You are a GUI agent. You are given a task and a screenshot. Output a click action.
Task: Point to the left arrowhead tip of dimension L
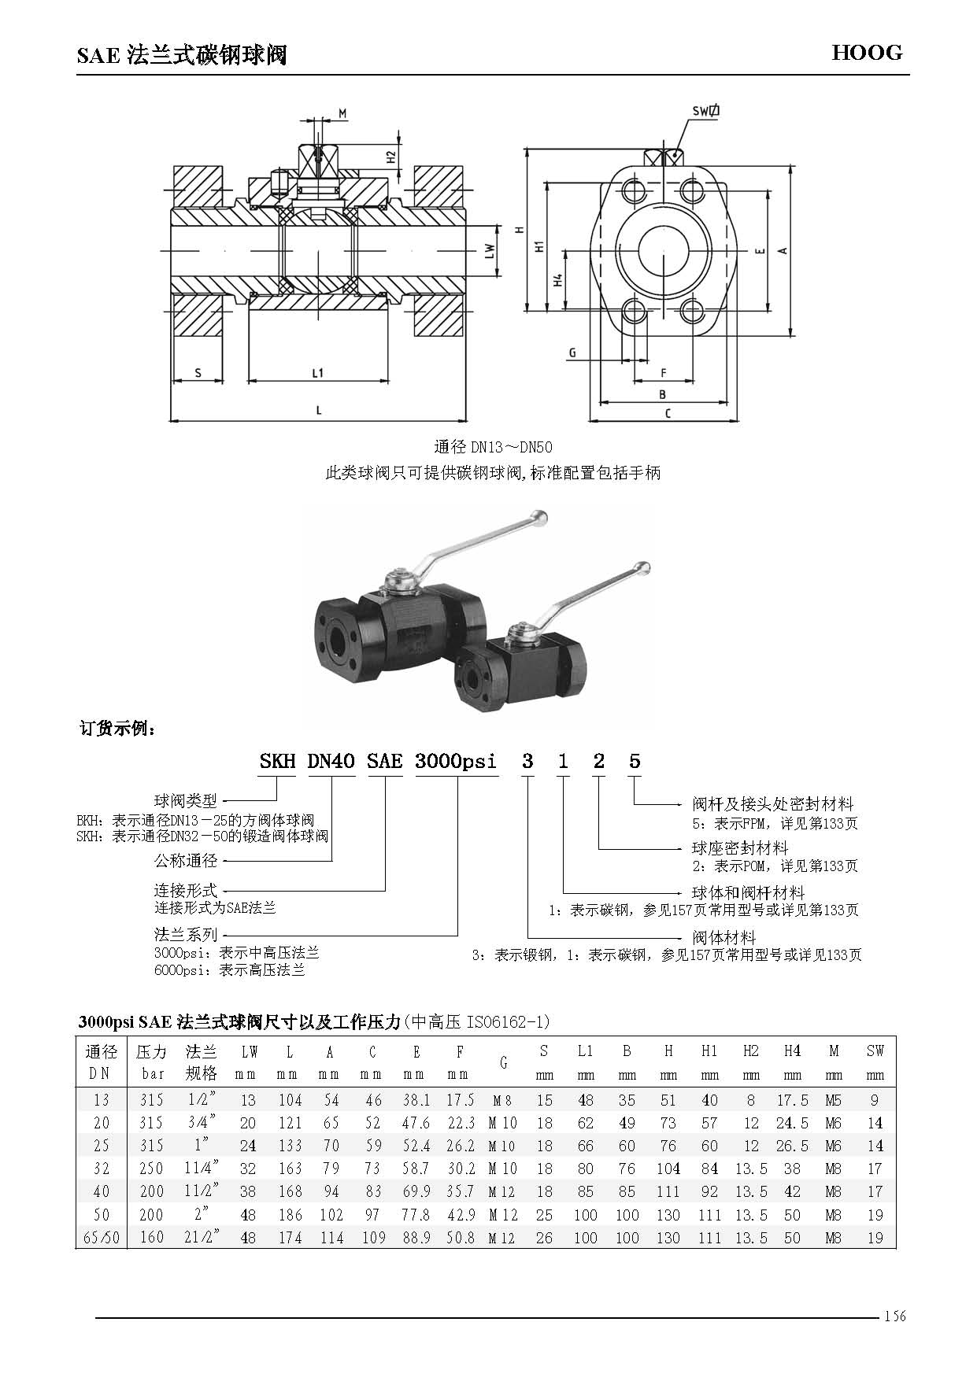coord(172,420)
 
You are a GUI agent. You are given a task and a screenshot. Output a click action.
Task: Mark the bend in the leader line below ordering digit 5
coord(635,805)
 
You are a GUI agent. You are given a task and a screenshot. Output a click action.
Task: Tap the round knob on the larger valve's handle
coord(539,517)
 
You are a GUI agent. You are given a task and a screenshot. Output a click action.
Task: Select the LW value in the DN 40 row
coord(249,1192)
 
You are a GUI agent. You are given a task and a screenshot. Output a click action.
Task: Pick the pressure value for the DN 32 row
coord(151,1169)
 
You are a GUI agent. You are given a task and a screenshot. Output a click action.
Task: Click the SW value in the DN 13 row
coord(875,1101)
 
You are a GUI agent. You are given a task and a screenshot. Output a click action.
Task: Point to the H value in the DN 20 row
coord(668,1124)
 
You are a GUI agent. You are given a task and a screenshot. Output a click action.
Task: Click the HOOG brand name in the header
coord(868,53)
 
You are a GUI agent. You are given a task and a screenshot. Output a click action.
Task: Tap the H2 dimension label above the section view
coord(390,156)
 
